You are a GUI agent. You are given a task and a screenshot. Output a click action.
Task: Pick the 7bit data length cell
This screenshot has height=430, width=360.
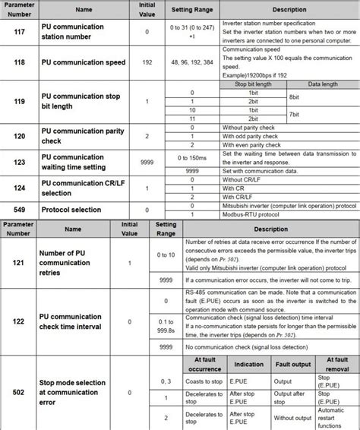coord(293,114)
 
